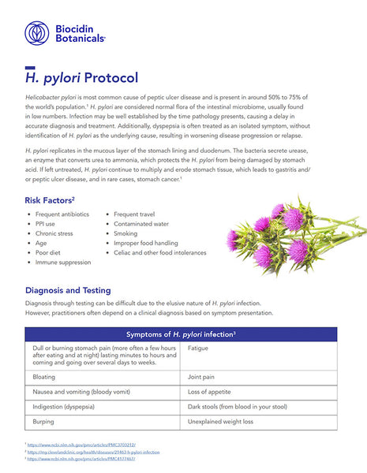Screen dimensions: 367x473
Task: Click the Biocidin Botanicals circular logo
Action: (x=36, y=32)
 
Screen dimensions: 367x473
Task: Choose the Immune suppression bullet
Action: (x=63, y=262)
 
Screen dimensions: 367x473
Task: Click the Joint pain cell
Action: (x=201, y=377)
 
